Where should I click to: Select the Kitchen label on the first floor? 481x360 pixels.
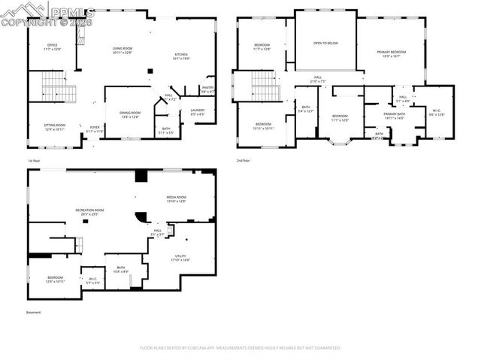pos(181,56)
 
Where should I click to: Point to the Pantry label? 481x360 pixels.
pos(208,89)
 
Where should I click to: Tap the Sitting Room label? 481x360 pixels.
pos(55,127)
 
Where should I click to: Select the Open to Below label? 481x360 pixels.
pos(326,43)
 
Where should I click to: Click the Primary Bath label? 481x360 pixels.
pos(395,116)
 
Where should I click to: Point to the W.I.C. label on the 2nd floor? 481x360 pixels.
pos(437,113)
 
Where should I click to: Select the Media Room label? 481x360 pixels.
pos(176,199)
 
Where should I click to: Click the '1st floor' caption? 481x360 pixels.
pos(34,161)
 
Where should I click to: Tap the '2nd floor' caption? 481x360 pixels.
pos(243,161)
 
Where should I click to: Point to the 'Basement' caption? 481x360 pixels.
pos(34,313)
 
